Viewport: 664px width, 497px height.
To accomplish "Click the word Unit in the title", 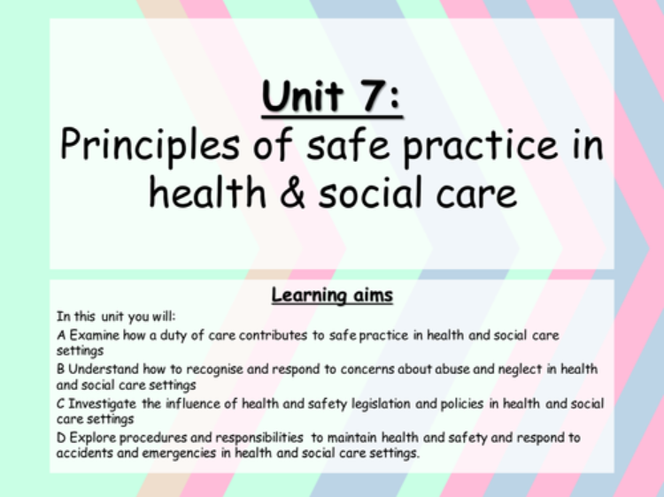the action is click(303, 96).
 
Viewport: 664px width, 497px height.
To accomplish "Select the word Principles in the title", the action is click(150, 146).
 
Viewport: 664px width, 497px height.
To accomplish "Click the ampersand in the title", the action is click(292, 193).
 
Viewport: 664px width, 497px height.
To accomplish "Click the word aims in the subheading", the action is click(367, 295).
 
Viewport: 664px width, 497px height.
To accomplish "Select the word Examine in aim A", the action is click(94, 335).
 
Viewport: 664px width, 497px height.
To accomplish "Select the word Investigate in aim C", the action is click(102, 404).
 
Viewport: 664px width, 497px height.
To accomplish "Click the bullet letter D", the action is click(61, 438).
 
